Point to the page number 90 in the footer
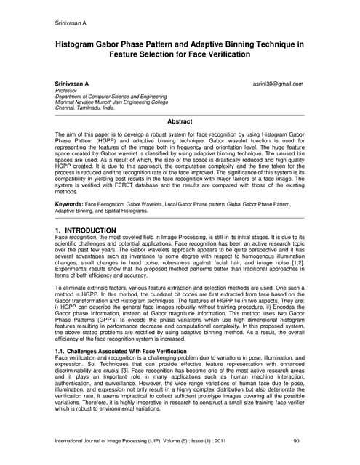296,440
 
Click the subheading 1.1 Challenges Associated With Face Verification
120,350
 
